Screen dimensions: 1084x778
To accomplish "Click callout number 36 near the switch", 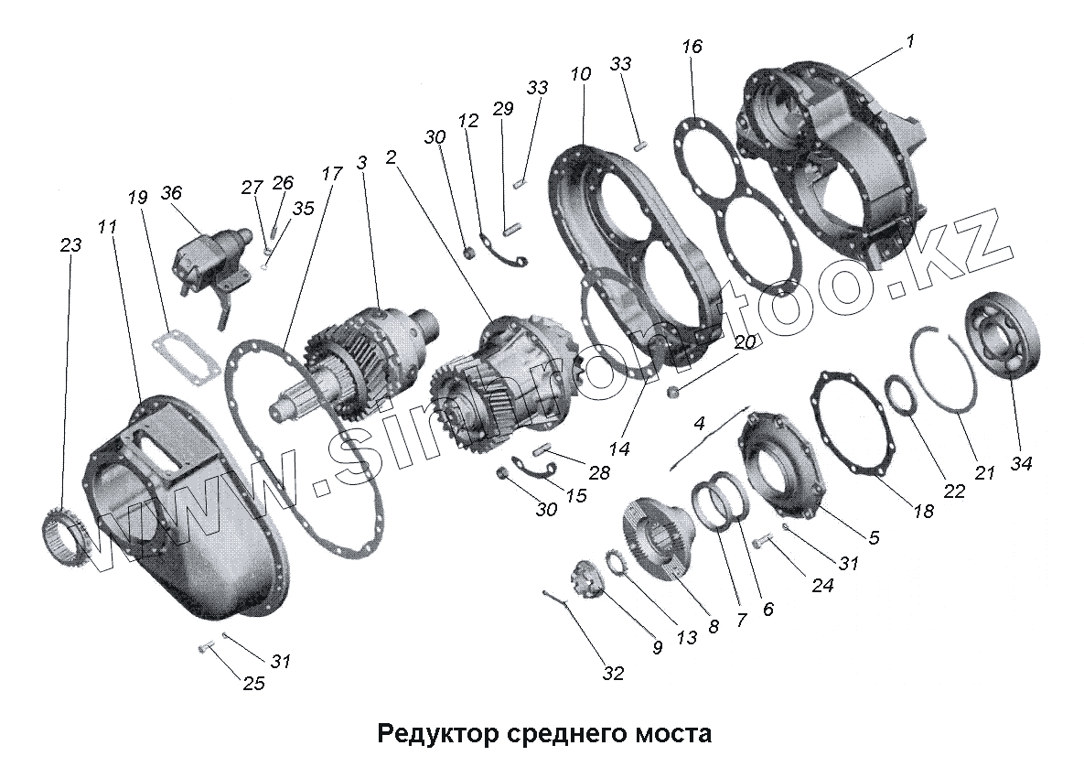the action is [x=171, y=193].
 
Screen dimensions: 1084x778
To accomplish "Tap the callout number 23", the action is [x=70, y=245].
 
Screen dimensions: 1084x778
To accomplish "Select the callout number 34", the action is [x=1021, y=464].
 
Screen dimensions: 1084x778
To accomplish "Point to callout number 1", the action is [x=910, y=41].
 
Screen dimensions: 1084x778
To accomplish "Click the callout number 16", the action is [x=692, y=46].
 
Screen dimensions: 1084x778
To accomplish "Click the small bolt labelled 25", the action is [x=204, y=649].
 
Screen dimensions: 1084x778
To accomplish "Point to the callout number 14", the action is [x=621, y=449].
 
